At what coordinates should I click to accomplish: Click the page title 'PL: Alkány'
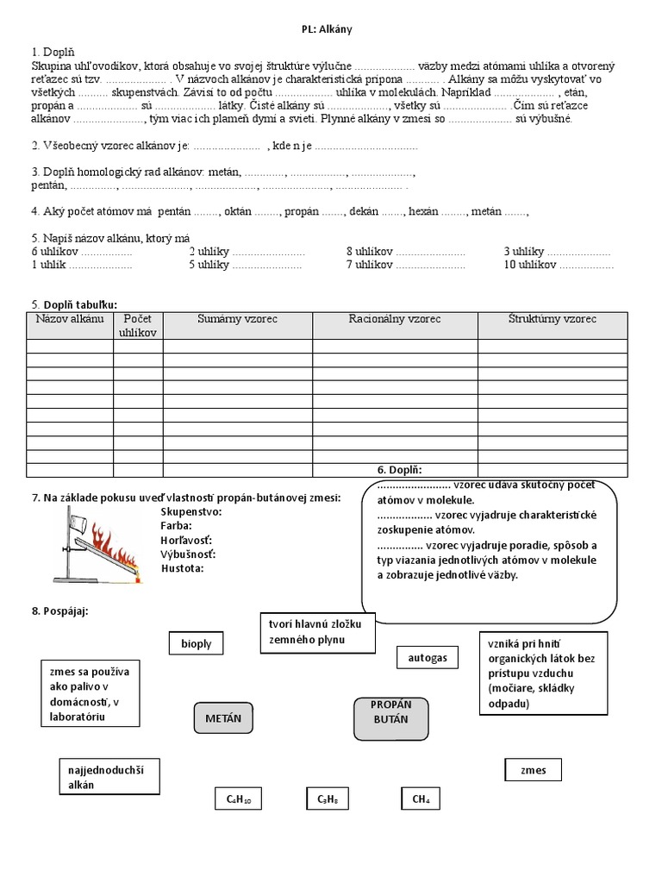[327, 29]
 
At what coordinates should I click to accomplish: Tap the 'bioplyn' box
[196, 643]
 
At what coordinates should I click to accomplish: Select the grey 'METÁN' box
[223, 717]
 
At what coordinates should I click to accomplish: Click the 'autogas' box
[428, 658]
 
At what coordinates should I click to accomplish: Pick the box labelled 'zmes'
[534, 770]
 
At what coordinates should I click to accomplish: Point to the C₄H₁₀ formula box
[238, 799]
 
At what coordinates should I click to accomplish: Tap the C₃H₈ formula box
[328, 799]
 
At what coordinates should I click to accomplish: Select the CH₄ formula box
[421, 799]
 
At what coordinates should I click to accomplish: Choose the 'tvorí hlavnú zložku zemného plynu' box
[317, 631]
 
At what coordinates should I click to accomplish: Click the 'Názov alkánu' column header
[70, 319]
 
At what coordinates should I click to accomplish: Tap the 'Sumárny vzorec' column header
[237, 319]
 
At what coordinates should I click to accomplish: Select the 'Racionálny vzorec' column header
[395, 319]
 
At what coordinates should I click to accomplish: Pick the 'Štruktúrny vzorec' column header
[552, 319]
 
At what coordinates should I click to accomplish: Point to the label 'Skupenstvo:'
[190, 511]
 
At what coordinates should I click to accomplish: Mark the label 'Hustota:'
[182, 568]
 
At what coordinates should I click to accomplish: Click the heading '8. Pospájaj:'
[60, 611]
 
